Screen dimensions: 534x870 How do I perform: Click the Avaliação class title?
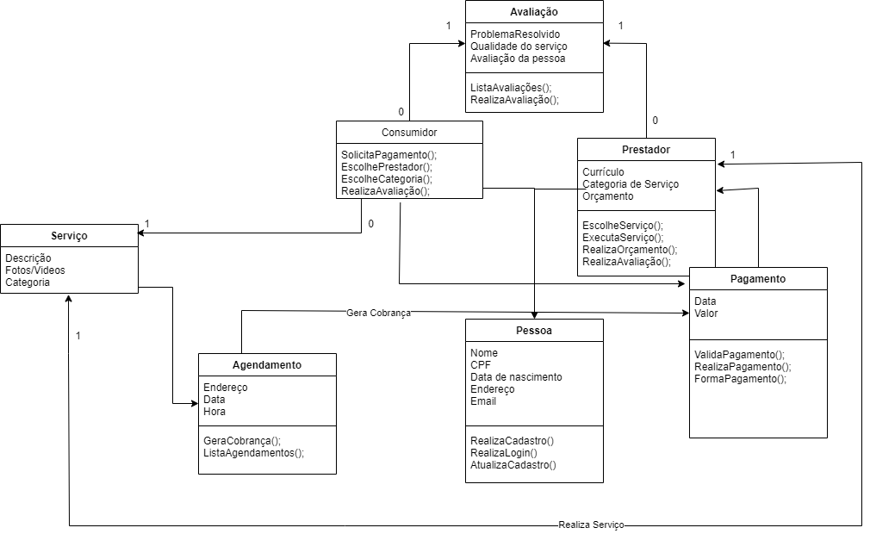pyautogui.click(x=534, y=12)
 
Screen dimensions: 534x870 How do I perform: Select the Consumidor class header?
pyautogui.click(x=409, y=133)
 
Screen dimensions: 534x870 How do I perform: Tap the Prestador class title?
pyautogui.click(x=645, y=150)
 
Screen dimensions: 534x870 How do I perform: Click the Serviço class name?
pyautogui.click(x=69, y=235)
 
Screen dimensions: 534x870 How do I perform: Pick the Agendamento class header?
pyautogui.click(x=267, y=365)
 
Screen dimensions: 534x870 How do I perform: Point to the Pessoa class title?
pyautogui.click(x=534, y=331)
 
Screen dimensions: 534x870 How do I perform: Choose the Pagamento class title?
pyautogui.click(x=758, y=279)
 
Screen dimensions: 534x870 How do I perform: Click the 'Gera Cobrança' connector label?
pyautogui.click(x=378, y=314)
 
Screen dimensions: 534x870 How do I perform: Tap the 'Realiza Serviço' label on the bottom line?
pyautogui.click(x=591, y=525)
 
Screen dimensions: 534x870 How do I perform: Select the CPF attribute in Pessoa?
pyautogui.click(x=480, y=365)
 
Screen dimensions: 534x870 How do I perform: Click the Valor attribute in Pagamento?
pyautogui.click(x=706, y=314)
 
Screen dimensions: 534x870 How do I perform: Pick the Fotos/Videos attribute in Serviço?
pyautogui.click(x=35, y=270)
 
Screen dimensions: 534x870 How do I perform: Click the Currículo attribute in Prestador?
pyautogui.click(x=603, y=172)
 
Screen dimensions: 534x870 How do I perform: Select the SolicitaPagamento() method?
pyautogui.click(x=388, y=155)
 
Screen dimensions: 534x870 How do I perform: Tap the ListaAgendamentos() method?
pyautogui.click(x=253, y=452)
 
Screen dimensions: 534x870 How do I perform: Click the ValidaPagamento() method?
pyautogui.click(x=739, y=354)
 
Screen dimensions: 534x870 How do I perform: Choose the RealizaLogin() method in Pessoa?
pyautogui.click(x=503, y=453)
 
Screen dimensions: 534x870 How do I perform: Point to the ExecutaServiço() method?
pyautogui.click(x=623, y=237)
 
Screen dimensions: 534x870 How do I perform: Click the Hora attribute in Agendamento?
pyautogui.click(x=214, y=412)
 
